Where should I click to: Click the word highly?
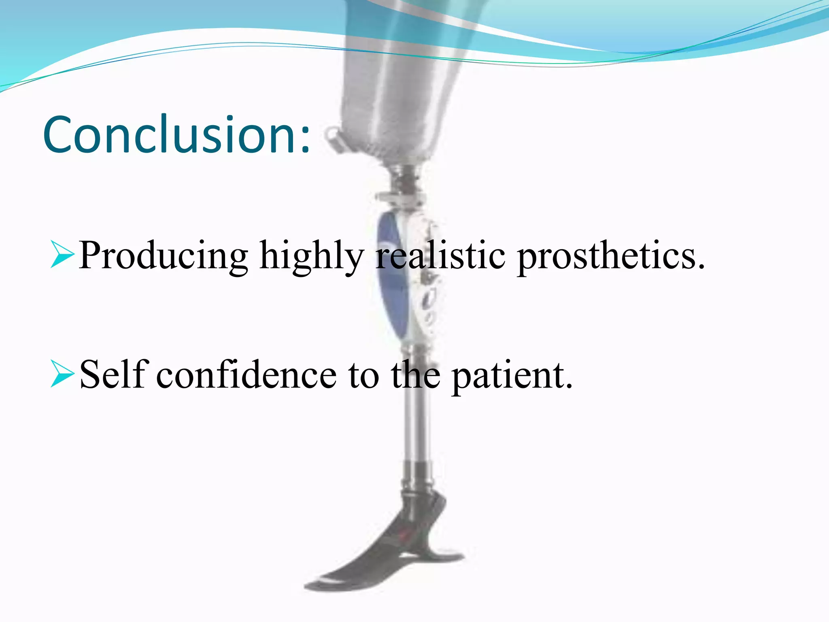(x=311, y=256)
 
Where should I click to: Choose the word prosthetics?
(x=610, y=256)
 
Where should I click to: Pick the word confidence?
(x=246, y=374)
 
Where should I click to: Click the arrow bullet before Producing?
(x=62, y=254)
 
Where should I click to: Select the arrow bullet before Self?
(x=62, y=373)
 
